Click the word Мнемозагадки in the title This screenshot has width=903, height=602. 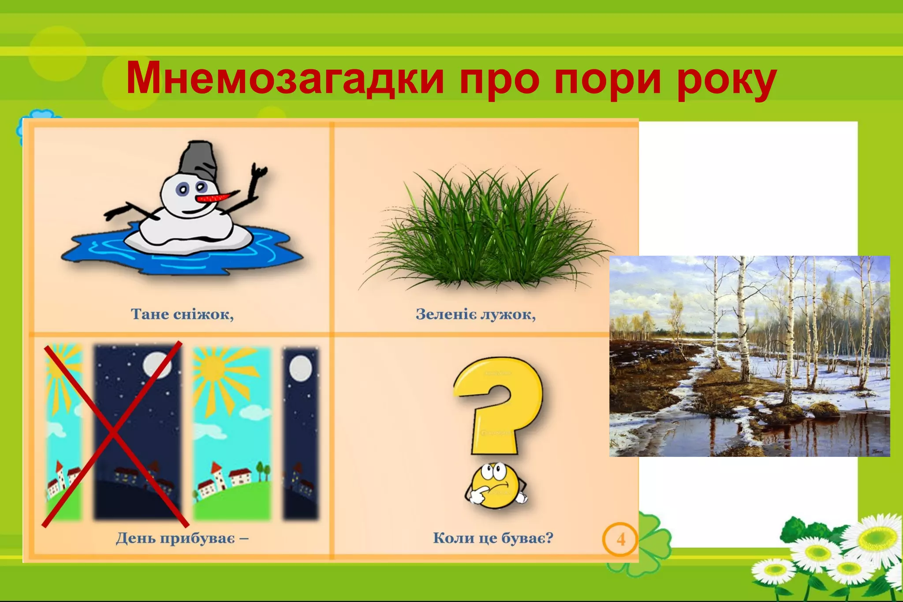[x=284, y=79]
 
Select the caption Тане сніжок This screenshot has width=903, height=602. [x=182, y=314]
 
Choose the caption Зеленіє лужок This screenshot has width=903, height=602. [x=475, y=314]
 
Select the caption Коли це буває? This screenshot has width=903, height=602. [x=493, y=538]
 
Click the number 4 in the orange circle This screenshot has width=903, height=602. [x=620, y=539]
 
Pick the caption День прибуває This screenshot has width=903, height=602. [x=182, y=538]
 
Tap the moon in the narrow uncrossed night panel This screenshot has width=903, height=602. [x=301, y=368]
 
